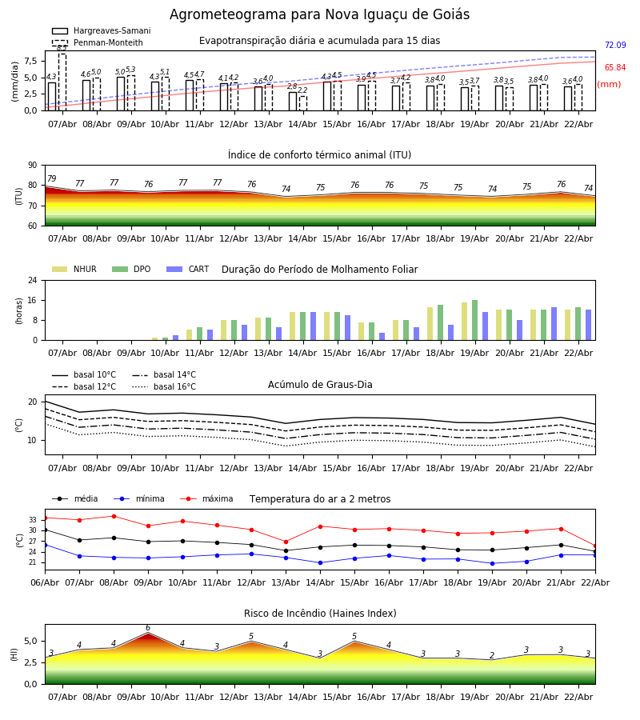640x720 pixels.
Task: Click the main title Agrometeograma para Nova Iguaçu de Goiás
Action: pos(319,15)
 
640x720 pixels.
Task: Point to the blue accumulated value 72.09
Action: pos(614,46)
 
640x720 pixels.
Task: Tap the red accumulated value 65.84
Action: pos(614,68)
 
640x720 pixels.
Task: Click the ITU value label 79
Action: pos(52,179)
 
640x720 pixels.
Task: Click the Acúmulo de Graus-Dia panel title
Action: pos(320,385)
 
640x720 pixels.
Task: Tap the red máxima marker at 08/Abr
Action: pos(114,516)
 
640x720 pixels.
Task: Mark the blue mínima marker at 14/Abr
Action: pos(320,562)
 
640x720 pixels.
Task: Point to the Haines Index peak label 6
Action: pos(148,628)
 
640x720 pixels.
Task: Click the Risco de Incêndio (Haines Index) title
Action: pos(320,614)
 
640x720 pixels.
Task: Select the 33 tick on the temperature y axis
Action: pos(33,520)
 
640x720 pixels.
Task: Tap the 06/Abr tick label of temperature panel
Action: pos(45,582)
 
